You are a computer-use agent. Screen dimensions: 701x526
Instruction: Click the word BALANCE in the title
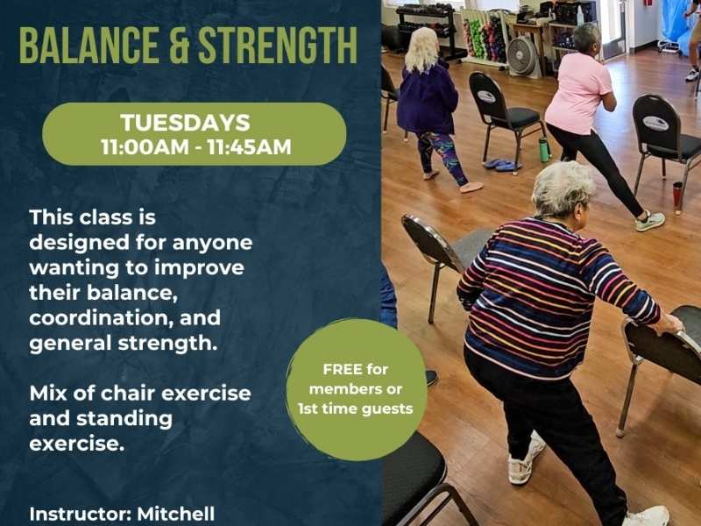pyautogui.click(x=89, y=46)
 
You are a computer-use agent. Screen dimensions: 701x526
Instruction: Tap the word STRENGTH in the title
pyautogui.click(x=278, y=46)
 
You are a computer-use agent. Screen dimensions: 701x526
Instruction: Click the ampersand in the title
pyautogui.click(x=179, y=46)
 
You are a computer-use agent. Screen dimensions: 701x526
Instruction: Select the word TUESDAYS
pyautogui.click(x=185, y=123)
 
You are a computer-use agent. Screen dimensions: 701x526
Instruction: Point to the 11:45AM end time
pyautogui.click(x=250, y=147)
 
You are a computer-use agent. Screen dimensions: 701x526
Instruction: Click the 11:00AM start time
pyautogui.click(x=145, y=147)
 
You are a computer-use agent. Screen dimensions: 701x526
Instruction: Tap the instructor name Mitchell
pyautogui.click(x=176, y=514)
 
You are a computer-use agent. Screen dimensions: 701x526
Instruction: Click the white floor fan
pyautogui.click(x=521, y=56)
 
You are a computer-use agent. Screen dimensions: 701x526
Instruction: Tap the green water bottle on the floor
pyautogui.click(x=543, y=149)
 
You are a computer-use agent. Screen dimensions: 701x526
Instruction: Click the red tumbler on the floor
pyautogui.click(x=677, y=195)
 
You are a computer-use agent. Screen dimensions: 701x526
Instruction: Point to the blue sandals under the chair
pyautogui.click(x=500, y=165)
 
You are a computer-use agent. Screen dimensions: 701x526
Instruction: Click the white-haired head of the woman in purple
pyautogui.click(x=421, y=49)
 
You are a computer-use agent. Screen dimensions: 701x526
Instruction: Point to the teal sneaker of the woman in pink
pyautogui.click(x=650, y=221)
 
